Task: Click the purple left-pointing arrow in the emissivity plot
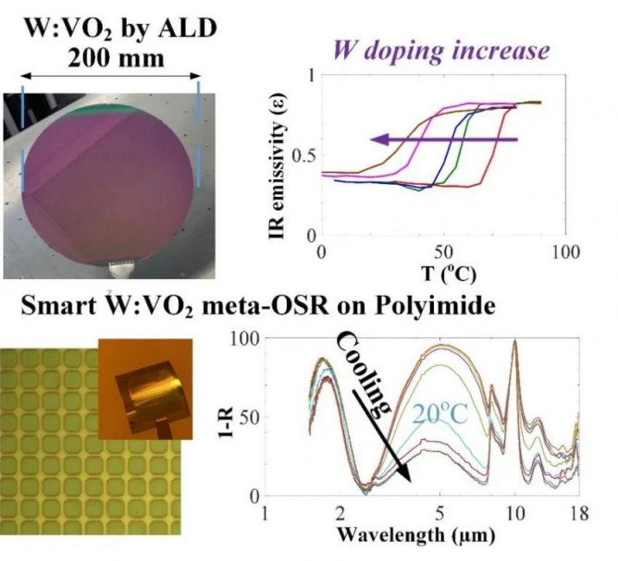pos(439,140)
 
